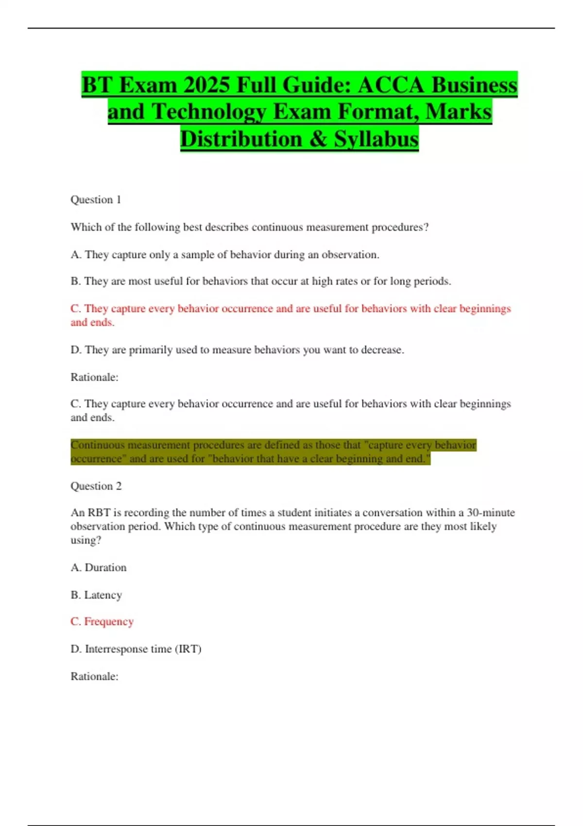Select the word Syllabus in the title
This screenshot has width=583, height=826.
click(x=376, y=139)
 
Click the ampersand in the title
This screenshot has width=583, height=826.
click(x=318, y=139)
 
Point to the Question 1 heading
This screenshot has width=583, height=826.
click(x=96, y=200)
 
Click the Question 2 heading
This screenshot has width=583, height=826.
click(x=96, y=486)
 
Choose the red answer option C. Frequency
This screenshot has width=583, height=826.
click(x=102, y=621)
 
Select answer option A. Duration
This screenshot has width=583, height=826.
click(x=99, y=568)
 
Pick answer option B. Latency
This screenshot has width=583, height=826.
click(x=96, y=595)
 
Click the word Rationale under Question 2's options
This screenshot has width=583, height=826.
click(x=94, y=676)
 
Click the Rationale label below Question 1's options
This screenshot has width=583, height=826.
click(x=94, y=377)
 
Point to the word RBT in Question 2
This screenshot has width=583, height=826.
click(x=99, y=513)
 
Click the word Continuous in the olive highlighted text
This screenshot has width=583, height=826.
click(x=97, y=445)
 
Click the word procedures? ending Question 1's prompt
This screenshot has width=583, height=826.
click(x=400, y=227)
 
